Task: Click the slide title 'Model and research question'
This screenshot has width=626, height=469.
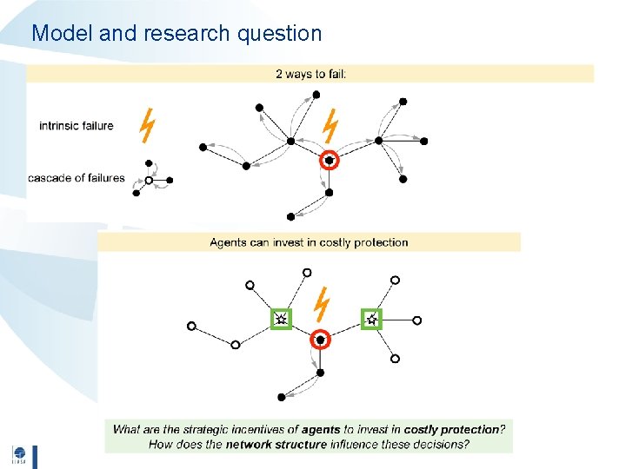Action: click(x=176, y=34)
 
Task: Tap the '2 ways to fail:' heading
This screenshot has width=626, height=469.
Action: click(x=310, y=74)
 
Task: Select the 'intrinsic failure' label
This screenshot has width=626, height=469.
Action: click(x=77, y=126)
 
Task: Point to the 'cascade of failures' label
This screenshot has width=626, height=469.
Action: click(x=77, y=179)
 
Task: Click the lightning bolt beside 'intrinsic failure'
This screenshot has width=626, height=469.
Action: click(x=147, y=125)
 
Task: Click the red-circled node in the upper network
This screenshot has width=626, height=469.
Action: click(x=330, y=160)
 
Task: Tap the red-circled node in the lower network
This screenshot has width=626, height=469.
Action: click(x=320, y=340)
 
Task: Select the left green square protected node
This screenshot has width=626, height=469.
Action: click(x=281, y=320)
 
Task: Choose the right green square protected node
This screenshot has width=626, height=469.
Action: click(x=371, y=320)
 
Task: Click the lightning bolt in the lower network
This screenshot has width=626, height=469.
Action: click(x=323, y=304)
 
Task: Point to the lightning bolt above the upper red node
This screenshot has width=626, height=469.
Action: click(x=330, y=125)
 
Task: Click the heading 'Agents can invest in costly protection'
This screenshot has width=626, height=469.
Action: click(x=309, y=242)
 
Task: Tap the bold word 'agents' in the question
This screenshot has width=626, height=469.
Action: click(x=321, y=429)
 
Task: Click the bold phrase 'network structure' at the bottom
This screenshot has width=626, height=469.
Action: click(x=276, y=444)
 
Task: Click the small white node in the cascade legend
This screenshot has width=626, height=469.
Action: click(x=149, y=181)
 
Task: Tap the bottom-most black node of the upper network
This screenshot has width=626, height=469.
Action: click(x=290, y=216)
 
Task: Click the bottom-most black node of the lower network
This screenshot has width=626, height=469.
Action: click(x=282, y=397)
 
